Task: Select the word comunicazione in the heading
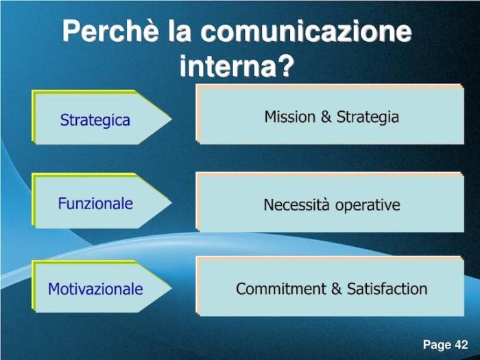coord(309,32)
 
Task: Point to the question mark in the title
coord(287,67)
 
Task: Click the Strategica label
coord(95,120)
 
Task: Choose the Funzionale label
coord(95,204)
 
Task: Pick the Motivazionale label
coord(95,289)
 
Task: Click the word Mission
coord(291,117)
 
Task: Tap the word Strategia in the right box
coord(368,117)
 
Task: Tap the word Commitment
coord(281,289)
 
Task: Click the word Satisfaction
coord(387,289)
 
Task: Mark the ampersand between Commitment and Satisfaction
coord(336,289)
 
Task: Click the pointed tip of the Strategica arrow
coord(170,119)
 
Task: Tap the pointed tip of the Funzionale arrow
coord(170,203)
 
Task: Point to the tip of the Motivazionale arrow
coord(170,287)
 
